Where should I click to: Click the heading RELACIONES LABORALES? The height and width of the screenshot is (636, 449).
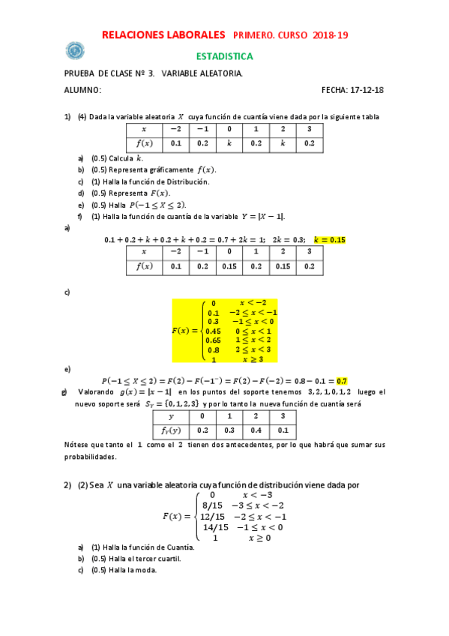click(163, 34)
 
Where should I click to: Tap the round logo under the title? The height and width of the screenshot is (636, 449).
click(75, 50)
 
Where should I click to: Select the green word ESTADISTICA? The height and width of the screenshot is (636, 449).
click(224, 56)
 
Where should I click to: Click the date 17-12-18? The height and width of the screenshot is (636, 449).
click(368, 90)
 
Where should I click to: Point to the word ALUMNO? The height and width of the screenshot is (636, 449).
click(82, 90)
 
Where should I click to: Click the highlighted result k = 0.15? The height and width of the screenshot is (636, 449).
click(330, 239)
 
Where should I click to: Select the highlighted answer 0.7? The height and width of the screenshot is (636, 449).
click(342, 381)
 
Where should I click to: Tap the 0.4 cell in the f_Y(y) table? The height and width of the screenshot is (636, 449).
click(256, 430)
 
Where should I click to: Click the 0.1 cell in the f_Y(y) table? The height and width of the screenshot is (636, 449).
click(283, 430)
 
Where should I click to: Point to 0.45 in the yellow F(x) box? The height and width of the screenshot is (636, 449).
click(214, 331)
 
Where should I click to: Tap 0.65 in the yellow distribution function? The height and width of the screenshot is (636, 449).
click(214, 340)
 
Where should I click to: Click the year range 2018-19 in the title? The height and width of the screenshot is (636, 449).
click(331, 35)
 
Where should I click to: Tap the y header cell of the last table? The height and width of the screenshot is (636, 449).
click(171, 415)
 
